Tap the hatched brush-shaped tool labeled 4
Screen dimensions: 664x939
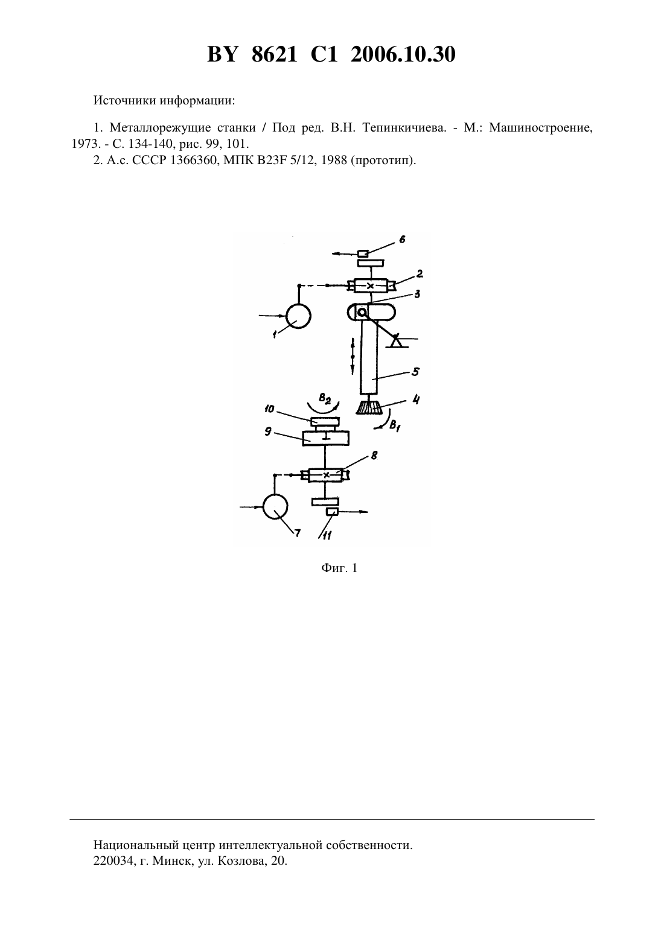pos(369,407)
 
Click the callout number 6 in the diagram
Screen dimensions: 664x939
pos(403,240)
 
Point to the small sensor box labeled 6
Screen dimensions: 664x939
pos(363,253)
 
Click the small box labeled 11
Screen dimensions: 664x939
pos(332,512)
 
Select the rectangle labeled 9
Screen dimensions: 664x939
pos(326,438)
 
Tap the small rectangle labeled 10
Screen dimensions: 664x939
pos(325,421)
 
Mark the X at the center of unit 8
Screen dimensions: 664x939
pos(326,475)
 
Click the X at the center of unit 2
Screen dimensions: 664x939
pos(370,286)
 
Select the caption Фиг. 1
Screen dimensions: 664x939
pos(339,568)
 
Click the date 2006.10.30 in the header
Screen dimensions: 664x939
pos(403,54)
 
